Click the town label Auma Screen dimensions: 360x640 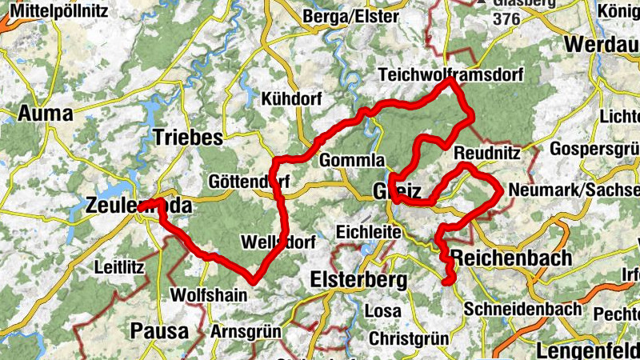[x=45, y=114]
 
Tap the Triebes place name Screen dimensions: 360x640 [x=187, y=137]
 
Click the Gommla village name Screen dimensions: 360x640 [x=352, y=160]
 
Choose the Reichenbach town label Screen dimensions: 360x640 [x=512, y=258]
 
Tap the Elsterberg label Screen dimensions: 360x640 [x=358, y=280]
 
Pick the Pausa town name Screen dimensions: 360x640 [x=160, y=330]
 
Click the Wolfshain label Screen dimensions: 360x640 [x=209, y=294]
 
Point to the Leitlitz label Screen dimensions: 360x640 [x=119, y=266]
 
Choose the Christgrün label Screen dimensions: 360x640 [x=408, y=338]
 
